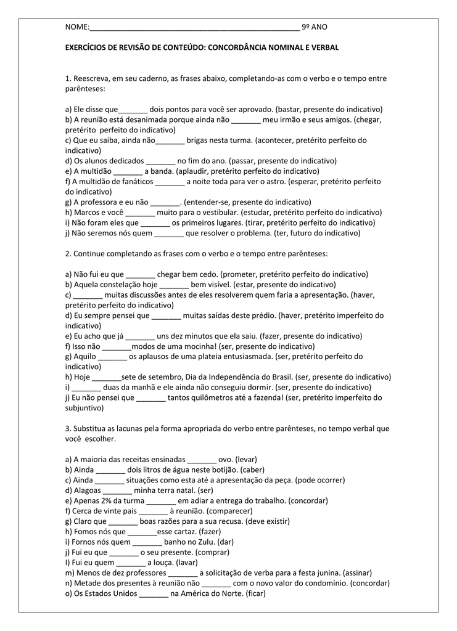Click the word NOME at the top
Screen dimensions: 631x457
pyautogui.click(x=76, y=27)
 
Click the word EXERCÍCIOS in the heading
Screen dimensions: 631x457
pyautogui.click(x=86, y=47)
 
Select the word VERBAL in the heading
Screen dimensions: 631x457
pyautogui.click(x=324, y=47)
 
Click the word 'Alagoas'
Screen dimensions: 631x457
pyautogui.click(x=87, y=491)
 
